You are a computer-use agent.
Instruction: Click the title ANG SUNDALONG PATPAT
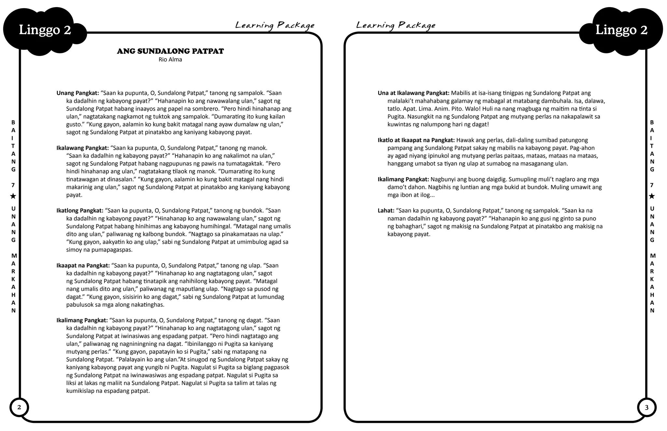(x=170, y=51)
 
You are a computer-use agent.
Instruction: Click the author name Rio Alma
(x=170, y=60)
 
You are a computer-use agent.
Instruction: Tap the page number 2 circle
(x=19, y=407)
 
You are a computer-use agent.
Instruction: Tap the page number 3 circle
(x=646, y=407)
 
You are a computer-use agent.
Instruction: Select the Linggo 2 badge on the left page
(x=45, y=30)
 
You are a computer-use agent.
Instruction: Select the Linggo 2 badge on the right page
(x=621, y=30)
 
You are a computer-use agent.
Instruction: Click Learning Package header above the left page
(x=275, y=25)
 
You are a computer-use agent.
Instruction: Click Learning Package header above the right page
(x=395, y=25)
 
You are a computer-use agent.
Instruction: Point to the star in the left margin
(x=13, y=196)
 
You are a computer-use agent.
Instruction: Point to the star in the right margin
(x=652, y=196)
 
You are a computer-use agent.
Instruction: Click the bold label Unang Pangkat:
(x=78, y=93)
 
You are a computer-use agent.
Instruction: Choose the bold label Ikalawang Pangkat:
(x=82, y=148)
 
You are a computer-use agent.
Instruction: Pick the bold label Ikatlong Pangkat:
(x=80, y=211)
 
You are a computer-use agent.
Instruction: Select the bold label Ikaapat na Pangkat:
(x=83, y=266)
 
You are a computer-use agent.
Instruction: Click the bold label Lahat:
(x=386, y=211)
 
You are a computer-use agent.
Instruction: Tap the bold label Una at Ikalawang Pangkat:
(x=413, y=93)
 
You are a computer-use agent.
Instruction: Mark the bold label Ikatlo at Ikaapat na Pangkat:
(x=416, y=140)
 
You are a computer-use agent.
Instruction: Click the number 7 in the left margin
(x=13, y=185)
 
